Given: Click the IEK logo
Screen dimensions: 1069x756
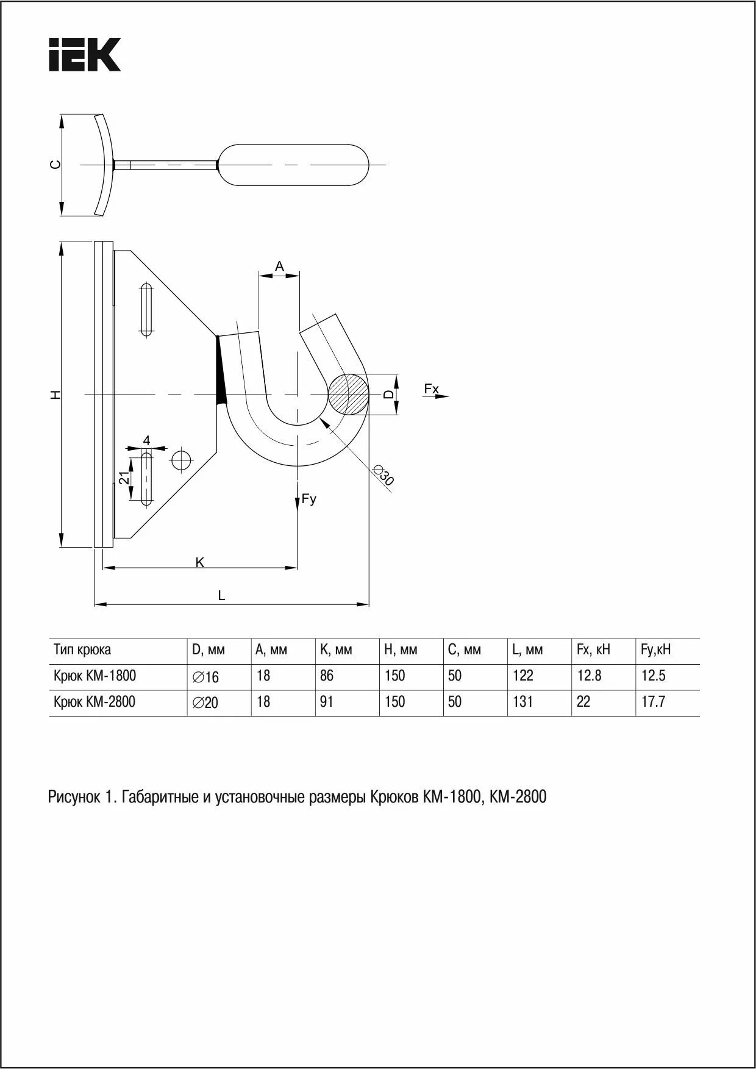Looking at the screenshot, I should coord(85,55).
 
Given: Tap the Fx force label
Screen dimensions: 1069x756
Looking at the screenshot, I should coord(432,389).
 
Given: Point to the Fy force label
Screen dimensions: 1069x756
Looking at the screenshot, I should coord(309,499).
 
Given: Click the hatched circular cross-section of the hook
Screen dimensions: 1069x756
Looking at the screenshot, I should coord(348,394).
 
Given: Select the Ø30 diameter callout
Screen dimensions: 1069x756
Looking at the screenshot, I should coord(384,475).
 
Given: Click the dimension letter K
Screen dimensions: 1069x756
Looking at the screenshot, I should coord(200,562).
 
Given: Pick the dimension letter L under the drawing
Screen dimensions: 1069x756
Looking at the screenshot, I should coord(222,596).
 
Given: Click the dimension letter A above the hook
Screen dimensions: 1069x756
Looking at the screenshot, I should coord(279,266).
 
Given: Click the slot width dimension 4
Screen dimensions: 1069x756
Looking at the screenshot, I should coord(146,440).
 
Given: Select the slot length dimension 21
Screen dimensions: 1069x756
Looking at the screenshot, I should coord(124,478).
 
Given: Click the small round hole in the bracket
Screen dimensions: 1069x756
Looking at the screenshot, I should coord(181,460).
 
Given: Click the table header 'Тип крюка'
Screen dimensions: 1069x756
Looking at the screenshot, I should coord(82,650).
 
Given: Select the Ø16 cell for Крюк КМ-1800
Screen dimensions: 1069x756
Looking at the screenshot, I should coord(205,677).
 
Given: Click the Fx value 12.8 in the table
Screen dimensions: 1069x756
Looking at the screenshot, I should coord(589,676).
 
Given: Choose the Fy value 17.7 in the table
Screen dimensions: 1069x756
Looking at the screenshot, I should coord(653,702).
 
